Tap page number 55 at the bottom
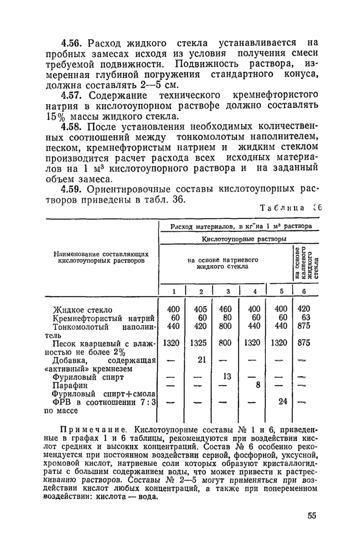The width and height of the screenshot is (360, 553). (312, 515)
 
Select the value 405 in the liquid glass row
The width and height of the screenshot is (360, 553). (201, 310)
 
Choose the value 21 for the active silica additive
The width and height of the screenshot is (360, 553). (202, 359)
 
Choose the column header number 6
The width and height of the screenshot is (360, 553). (304, 291)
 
